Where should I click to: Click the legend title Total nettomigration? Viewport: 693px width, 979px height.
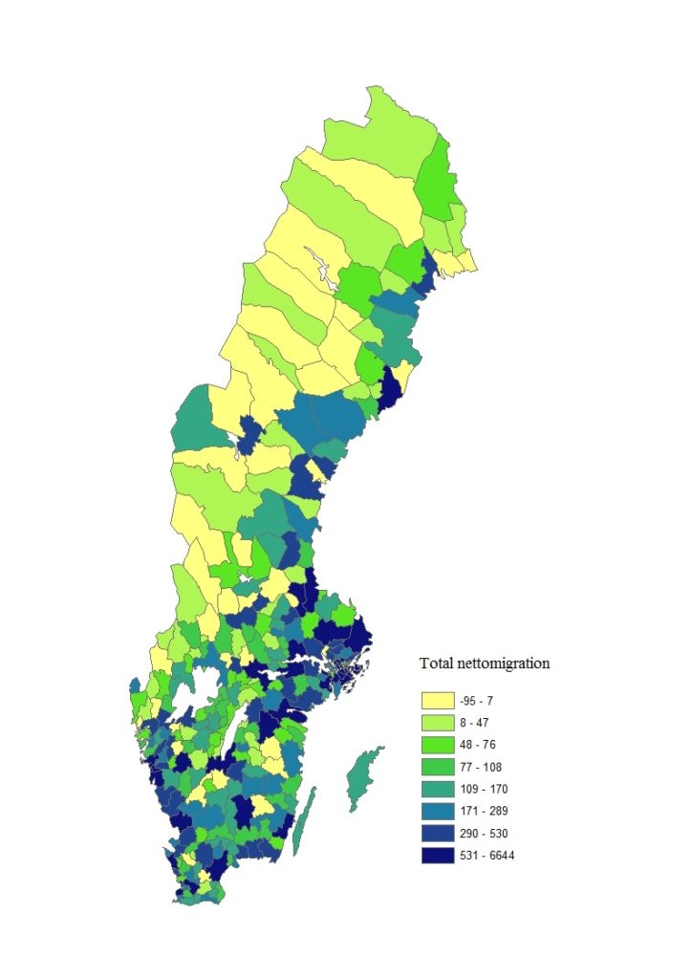(485, 663)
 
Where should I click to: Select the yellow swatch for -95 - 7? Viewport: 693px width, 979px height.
(436, 701)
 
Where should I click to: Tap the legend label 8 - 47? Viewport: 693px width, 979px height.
(475, 723)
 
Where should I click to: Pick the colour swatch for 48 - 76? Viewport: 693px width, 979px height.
(436, 745)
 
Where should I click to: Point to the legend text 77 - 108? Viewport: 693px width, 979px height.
(479, 767)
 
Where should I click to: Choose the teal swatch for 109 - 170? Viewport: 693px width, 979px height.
(436, 789)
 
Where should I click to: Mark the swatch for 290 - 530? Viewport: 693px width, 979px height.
(436, 833)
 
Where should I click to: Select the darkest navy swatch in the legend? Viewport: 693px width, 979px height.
(436, 855)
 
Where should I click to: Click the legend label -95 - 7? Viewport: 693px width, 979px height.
(475, 701)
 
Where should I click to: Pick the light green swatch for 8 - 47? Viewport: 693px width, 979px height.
(436, 723)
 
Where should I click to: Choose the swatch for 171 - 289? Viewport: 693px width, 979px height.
(436, 811)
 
